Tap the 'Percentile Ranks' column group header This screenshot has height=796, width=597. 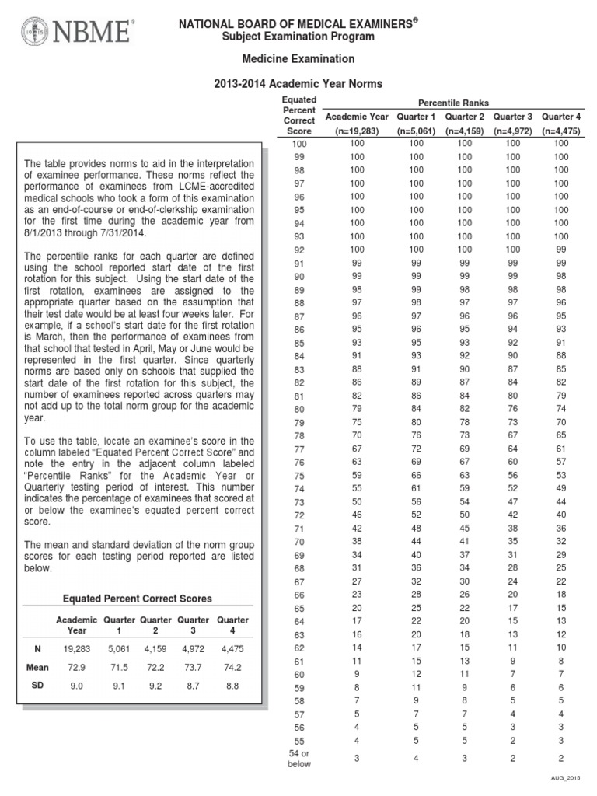pos(454,103)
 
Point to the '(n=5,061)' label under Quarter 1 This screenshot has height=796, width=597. pos(417,131)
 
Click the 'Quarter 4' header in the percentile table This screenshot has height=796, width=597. pos(561,117)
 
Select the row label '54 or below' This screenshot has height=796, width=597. pos(299,758)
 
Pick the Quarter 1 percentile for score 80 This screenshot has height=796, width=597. pos(417,408)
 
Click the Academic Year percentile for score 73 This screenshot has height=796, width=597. pos(356,501)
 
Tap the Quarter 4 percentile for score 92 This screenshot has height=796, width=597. pos(561,250)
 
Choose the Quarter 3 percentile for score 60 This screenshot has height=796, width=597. pos(513,673)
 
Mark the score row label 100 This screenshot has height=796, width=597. pos(299,145)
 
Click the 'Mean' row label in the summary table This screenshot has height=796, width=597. pos(37,667)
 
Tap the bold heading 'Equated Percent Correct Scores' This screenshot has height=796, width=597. pos(137,599)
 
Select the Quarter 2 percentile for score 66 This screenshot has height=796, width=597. pos(464,594)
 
